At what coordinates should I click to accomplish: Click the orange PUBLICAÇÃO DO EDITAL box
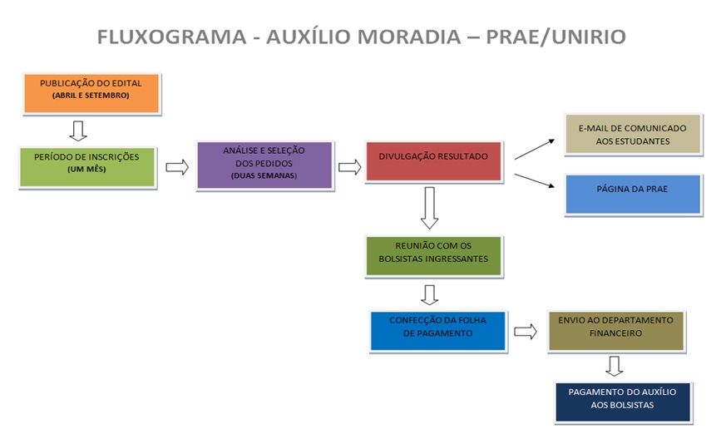tap(91, 92)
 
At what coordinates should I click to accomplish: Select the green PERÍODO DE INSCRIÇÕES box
tap(86, 165)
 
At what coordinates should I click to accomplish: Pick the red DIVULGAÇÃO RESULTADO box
tap(433, 160)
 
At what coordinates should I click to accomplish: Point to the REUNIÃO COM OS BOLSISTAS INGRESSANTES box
tap(433, 255)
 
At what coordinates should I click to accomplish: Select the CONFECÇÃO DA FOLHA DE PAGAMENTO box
tap(437, 329)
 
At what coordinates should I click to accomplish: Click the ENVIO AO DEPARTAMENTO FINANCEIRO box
tap(615, 329)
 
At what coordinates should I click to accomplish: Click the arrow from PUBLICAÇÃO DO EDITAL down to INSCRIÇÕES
tap(78, 130)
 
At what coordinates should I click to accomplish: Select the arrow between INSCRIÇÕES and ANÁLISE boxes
tap(177, 167)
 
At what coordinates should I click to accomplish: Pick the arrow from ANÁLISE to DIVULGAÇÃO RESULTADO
tap(350, 167)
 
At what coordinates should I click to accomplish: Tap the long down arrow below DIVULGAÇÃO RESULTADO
tap(429, 207)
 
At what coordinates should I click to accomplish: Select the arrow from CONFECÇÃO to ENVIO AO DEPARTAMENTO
tap(525, 332)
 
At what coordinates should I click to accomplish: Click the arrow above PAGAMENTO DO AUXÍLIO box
tap(614, 366)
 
